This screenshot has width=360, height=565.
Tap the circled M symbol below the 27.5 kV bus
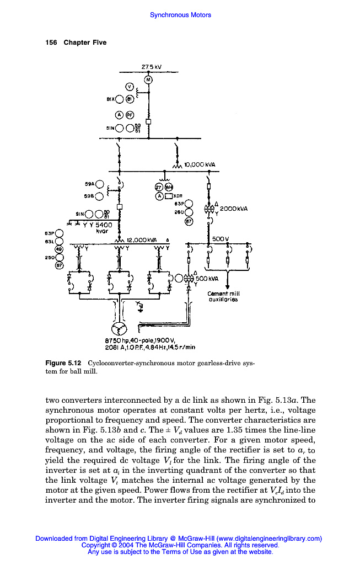click(148, 80)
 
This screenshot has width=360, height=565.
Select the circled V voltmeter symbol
click(130, 87)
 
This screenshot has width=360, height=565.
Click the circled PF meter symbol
click(130, 115)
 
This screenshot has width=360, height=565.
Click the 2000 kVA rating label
click(234, 209)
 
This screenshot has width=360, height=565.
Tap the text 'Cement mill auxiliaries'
click(223, 297)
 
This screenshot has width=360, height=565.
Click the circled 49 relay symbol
click(59, 249)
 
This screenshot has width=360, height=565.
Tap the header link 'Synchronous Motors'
click(180, 15)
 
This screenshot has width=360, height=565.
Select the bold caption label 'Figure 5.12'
click(63, 363)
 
